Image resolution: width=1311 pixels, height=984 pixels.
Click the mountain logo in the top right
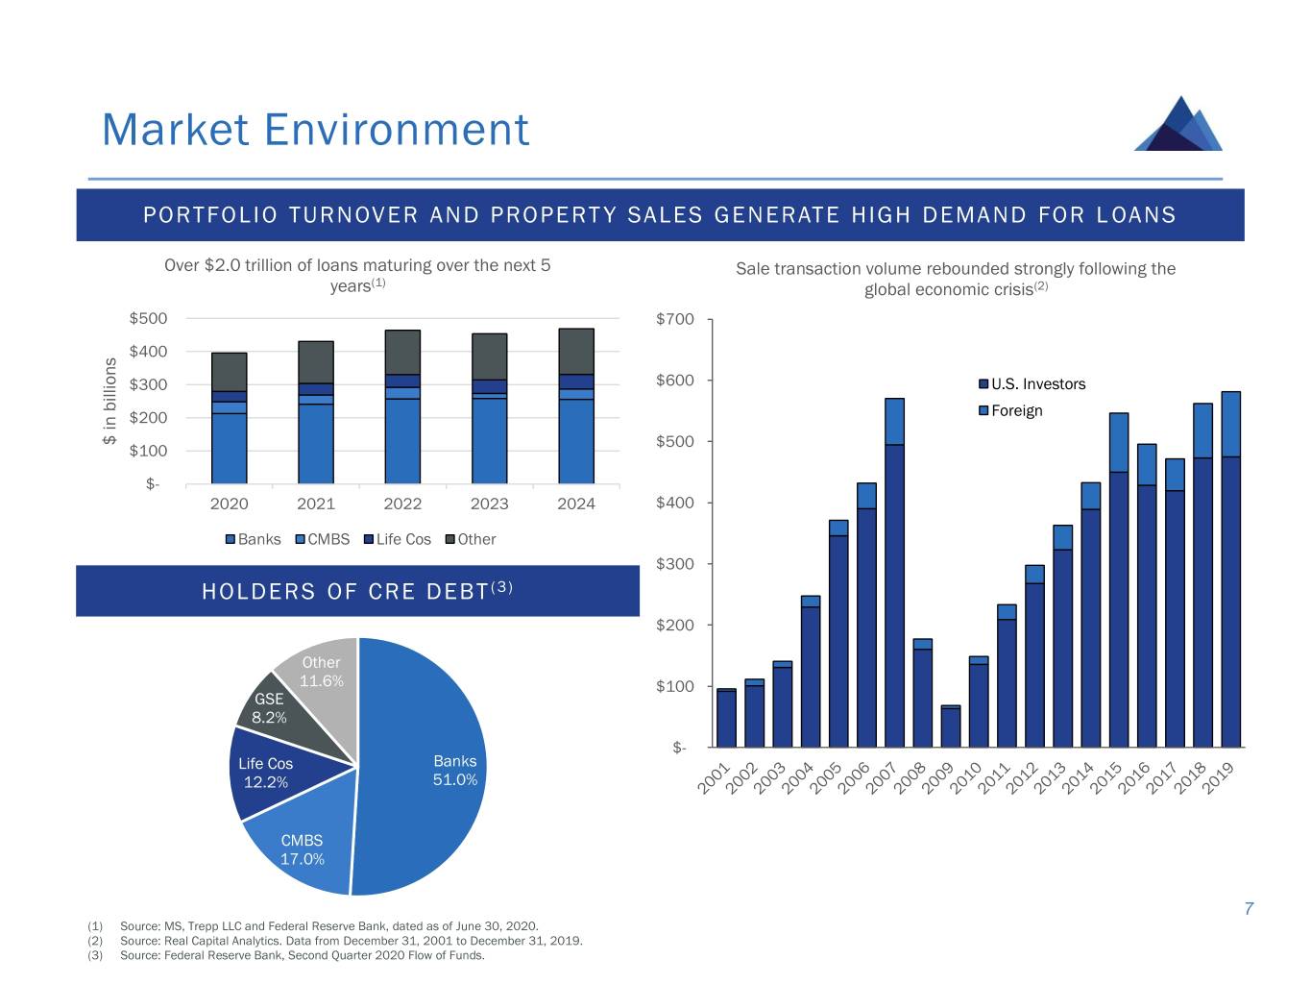(1179, 124)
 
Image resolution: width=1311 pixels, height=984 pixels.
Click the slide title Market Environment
(315, 130)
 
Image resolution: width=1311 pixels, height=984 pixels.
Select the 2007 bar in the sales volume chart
(894, 577)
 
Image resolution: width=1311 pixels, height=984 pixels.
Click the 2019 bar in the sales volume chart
(1230, 577)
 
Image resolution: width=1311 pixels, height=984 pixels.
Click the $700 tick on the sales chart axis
(674, 319)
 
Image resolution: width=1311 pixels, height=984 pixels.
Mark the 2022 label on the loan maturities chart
(402, 504)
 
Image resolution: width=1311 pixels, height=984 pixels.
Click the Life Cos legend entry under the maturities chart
(397, 539)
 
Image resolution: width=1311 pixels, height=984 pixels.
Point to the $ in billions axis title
(109, 401)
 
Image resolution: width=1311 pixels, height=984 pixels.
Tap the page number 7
(1249, 909)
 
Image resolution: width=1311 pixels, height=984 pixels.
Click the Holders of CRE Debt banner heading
(357, 591)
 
